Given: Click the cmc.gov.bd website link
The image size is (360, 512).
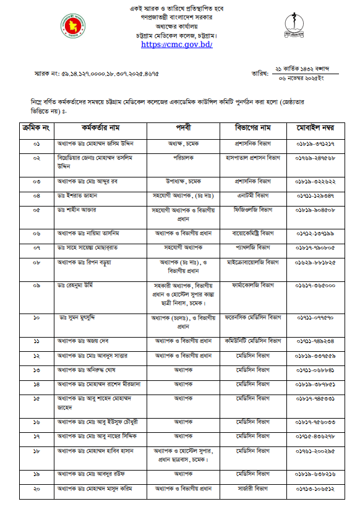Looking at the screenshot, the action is click(178, 45).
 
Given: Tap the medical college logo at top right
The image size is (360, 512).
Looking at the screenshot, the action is click(291, 27).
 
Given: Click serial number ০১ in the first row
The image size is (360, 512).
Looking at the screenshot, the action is click(36, 143).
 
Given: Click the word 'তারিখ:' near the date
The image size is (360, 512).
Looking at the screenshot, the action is click(260, 74).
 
